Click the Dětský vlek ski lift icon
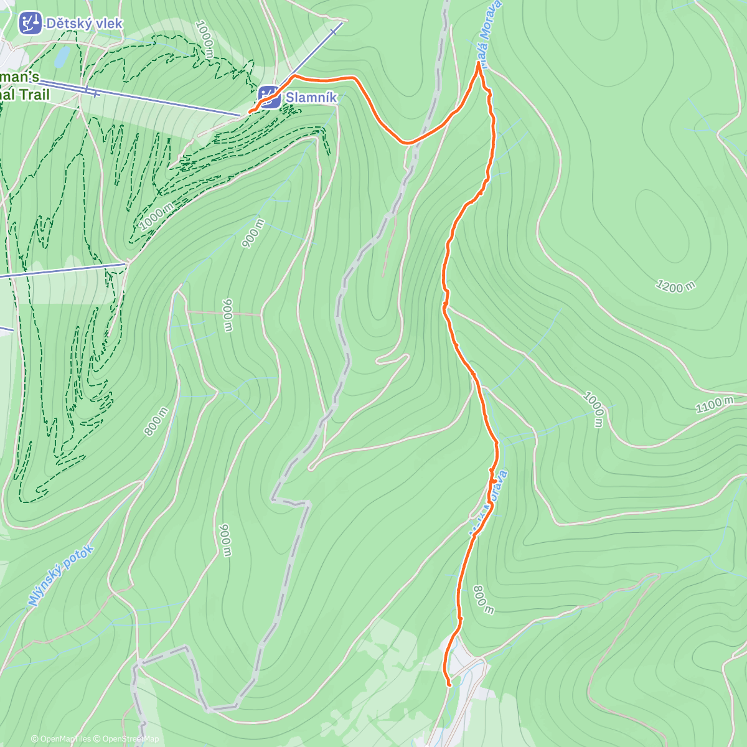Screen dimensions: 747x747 pyautogui.click(x=29, y=23)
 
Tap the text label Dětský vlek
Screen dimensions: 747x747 pyautogui.click(x=84, y=24)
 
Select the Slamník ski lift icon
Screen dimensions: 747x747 pyautogui.click(x=270, y=97)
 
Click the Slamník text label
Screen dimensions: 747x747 pyautogui.click(x=311, y=98)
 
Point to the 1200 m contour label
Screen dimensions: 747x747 pyautogui.click(x=675, y=286)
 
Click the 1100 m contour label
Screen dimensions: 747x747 pyautogui.click(x=714, y=405)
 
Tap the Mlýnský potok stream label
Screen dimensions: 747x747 pyautogui.click(x=60, y=576)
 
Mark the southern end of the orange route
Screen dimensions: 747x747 pyautogui.click(x=449, y=685)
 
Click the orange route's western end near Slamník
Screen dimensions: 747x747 pyautogui.click(x=250, y=111)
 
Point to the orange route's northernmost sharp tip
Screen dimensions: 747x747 pyautogui.click(x=479, y=62)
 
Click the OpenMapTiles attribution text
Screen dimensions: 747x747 pyautogui.click(x=61, y=739)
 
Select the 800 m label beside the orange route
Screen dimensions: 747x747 pyautogui.click(x=484, y=599)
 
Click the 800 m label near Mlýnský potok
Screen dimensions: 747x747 pyautogui.click(x=156, y=421)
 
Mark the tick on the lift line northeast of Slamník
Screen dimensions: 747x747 pyautogui.click(x=335, y=30)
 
